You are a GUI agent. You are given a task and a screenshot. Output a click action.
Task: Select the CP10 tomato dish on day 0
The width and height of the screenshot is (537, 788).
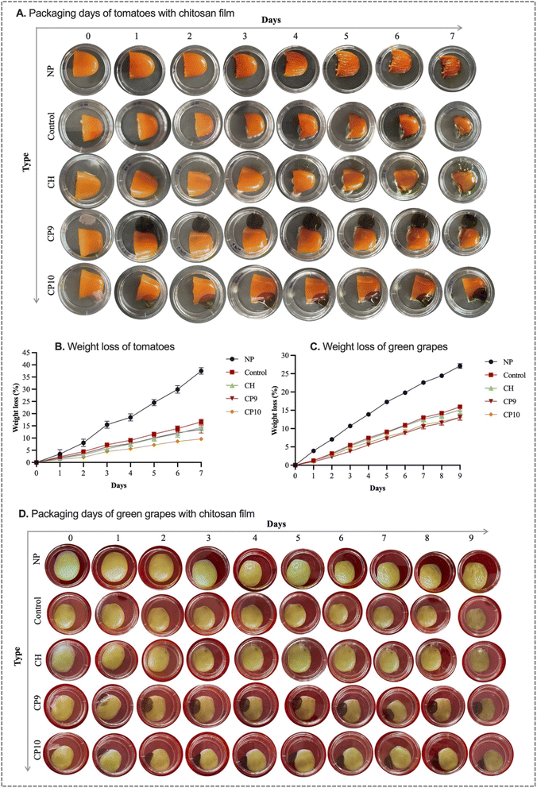pyautogui.click(x=86, y=283)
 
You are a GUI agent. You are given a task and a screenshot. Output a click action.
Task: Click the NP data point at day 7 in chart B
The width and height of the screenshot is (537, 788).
pyautogui.click(x=201, y=371)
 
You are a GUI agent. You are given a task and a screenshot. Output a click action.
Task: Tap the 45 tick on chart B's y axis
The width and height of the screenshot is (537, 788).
pyautogui.click(x=29, y=352)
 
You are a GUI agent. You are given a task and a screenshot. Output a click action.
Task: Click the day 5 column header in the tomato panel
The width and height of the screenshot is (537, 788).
pyautogui.click(x=346, y=35)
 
